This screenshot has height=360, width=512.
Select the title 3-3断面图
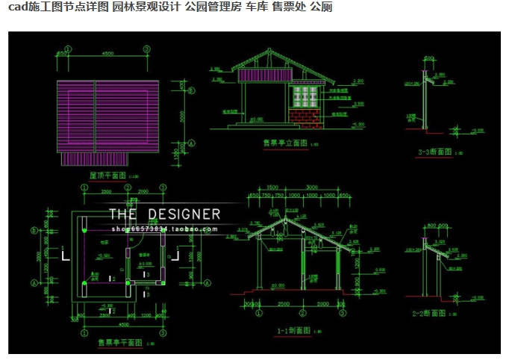click(435, 152)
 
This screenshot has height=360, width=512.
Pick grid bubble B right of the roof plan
click(191, 91)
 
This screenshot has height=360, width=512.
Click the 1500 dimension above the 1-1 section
click(272, 187)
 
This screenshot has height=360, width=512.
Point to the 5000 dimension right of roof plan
click(181, 117)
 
